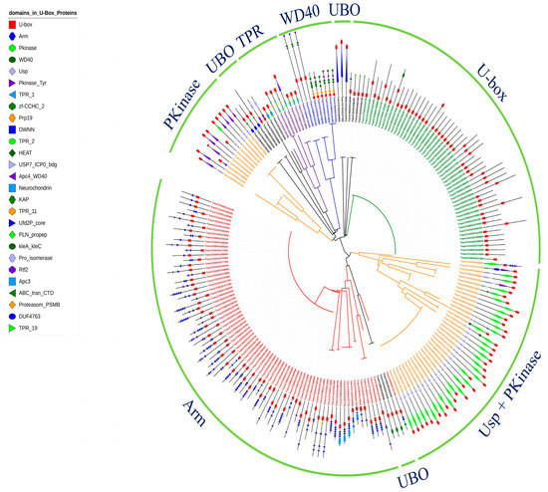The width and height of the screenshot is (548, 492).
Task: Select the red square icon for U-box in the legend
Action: [x=9, y=22]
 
